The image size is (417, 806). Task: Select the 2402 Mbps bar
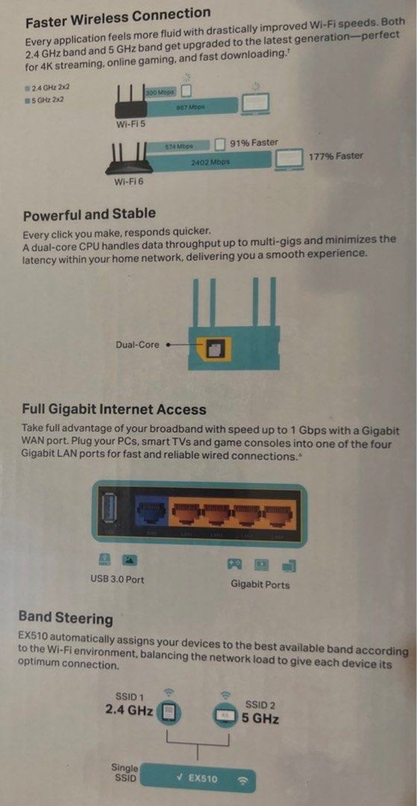(x=210, y=161)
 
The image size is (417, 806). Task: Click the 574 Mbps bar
(x=179, y=146)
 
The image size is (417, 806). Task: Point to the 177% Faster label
(x=336, y=156)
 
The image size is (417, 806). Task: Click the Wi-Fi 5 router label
(x=131, y=124)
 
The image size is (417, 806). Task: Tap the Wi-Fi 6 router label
(x=129, y=181)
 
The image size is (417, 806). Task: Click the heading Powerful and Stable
(x=89, y=215)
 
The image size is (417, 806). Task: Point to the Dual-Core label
(x=137, y=345)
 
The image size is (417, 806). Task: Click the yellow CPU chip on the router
(x=216, y=346)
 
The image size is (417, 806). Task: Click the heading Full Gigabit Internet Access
(x=113, y=409)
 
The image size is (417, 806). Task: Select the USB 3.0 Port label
(x=117, y=579)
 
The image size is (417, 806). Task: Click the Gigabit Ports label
(x=260, y=584)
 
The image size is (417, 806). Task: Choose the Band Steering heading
(x=66, y=618)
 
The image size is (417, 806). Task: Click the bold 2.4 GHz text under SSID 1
(x=129, y=710)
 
